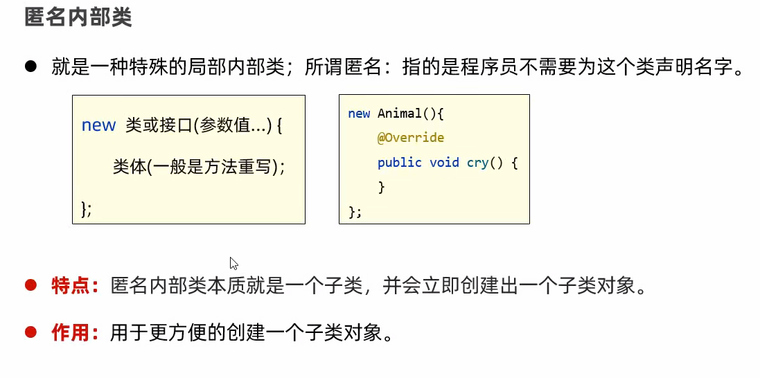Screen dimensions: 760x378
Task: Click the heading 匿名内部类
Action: (78, 17)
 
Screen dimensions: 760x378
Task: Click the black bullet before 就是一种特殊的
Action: (30, 66)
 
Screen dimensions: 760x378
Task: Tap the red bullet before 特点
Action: (30, 285)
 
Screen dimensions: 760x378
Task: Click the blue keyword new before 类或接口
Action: (98, 125)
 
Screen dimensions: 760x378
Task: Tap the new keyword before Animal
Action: (359, 114)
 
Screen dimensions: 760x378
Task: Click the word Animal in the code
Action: (398, 114)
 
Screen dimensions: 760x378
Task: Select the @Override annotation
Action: (410, 138)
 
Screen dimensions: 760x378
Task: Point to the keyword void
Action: (444, 163)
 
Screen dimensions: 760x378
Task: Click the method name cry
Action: (477, 163)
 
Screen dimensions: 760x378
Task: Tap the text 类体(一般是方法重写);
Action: (199, 167)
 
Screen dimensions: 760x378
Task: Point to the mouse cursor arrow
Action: (233, 262)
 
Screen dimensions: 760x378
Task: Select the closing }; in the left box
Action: (87, 208)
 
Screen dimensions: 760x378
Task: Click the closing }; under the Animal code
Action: (355, 211)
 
